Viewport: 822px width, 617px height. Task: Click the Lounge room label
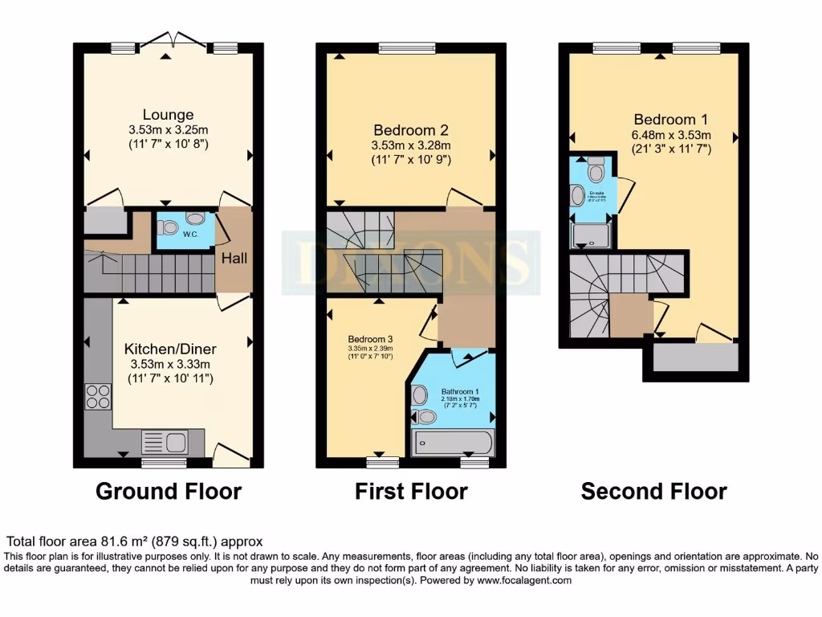tap(169, 115)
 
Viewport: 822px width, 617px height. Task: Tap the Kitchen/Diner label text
tap(169, 349)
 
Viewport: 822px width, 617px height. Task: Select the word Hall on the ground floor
tap(235, 259)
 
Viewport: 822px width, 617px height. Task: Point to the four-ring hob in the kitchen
tap(98, 398)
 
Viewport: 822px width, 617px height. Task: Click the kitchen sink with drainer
tap(165, 441)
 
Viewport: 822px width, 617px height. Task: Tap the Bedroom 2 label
tap(410, 130)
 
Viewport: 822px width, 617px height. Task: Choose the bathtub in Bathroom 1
tap(452, 443)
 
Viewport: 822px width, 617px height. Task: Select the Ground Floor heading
tap(169, 491)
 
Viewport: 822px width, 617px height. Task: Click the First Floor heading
tap(411, 491)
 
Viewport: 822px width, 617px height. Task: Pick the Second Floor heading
tap(653, 491)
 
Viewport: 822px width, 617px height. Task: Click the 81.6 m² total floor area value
tap(128, 542)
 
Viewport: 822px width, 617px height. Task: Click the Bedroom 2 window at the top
tap(407, 47)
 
